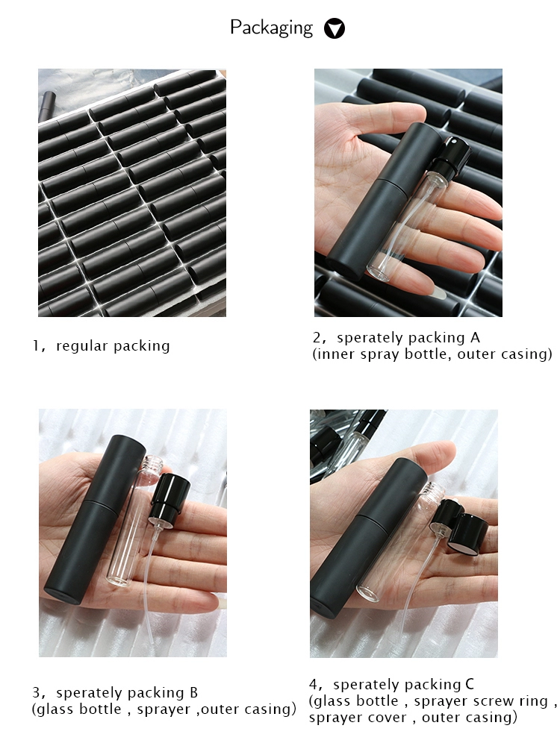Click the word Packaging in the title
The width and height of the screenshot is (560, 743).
tap(271, 28)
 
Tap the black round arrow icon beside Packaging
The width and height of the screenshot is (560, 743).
tap(335, 28)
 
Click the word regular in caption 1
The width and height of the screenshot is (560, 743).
tap(82, 346)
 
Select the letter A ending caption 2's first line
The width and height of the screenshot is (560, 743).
tap(475, 337)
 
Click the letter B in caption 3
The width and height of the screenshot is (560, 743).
tap(193, 693)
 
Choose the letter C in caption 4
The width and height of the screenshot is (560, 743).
tap(470, 684)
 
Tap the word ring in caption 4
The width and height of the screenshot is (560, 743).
tap(533, 700)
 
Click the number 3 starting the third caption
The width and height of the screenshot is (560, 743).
tap(36, 693)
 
